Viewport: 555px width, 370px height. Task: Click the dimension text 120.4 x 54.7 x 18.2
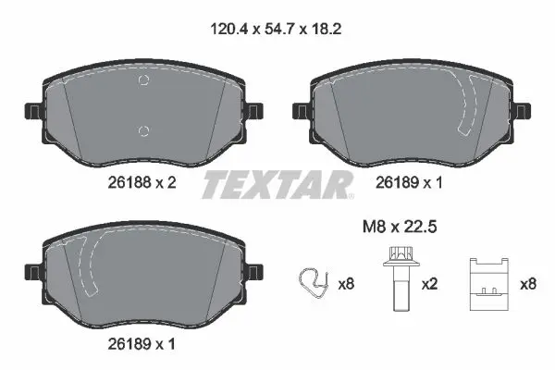point(277,29)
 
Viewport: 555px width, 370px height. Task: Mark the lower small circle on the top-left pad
point(142,129)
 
